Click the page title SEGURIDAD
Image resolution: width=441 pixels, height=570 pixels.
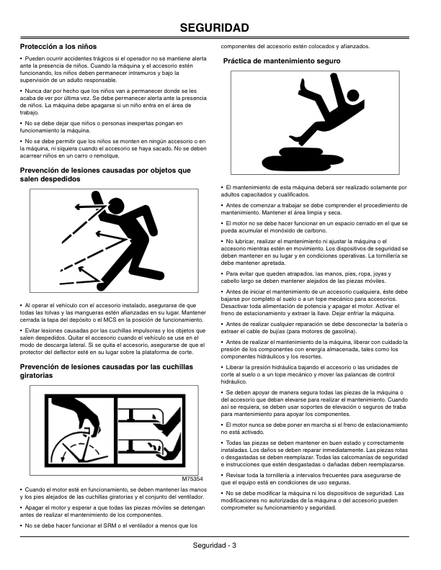tap(214, 27)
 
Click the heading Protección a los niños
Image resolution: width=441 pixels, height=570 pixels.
tap(58, 47)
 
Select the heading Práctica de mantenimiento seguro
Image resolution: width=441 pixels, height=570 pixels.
tap(282, 61)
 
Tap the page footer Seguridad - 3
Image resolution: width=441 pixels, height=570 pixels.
tap(214, 546)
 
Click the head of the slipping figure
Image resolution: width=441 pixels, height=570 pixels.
tap(352, 96)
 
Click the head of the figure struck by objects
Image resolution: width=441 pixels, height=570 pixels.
tap(117, 206)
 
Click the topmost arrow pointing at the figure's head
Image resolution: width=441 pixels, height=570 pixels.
tap(90, 207)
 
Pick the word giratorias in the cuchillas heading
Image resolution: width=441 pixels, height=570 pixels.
tap(36, 376)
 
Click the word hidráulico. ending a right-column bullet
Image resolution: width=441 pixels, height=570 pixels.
tap(234, 381)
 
